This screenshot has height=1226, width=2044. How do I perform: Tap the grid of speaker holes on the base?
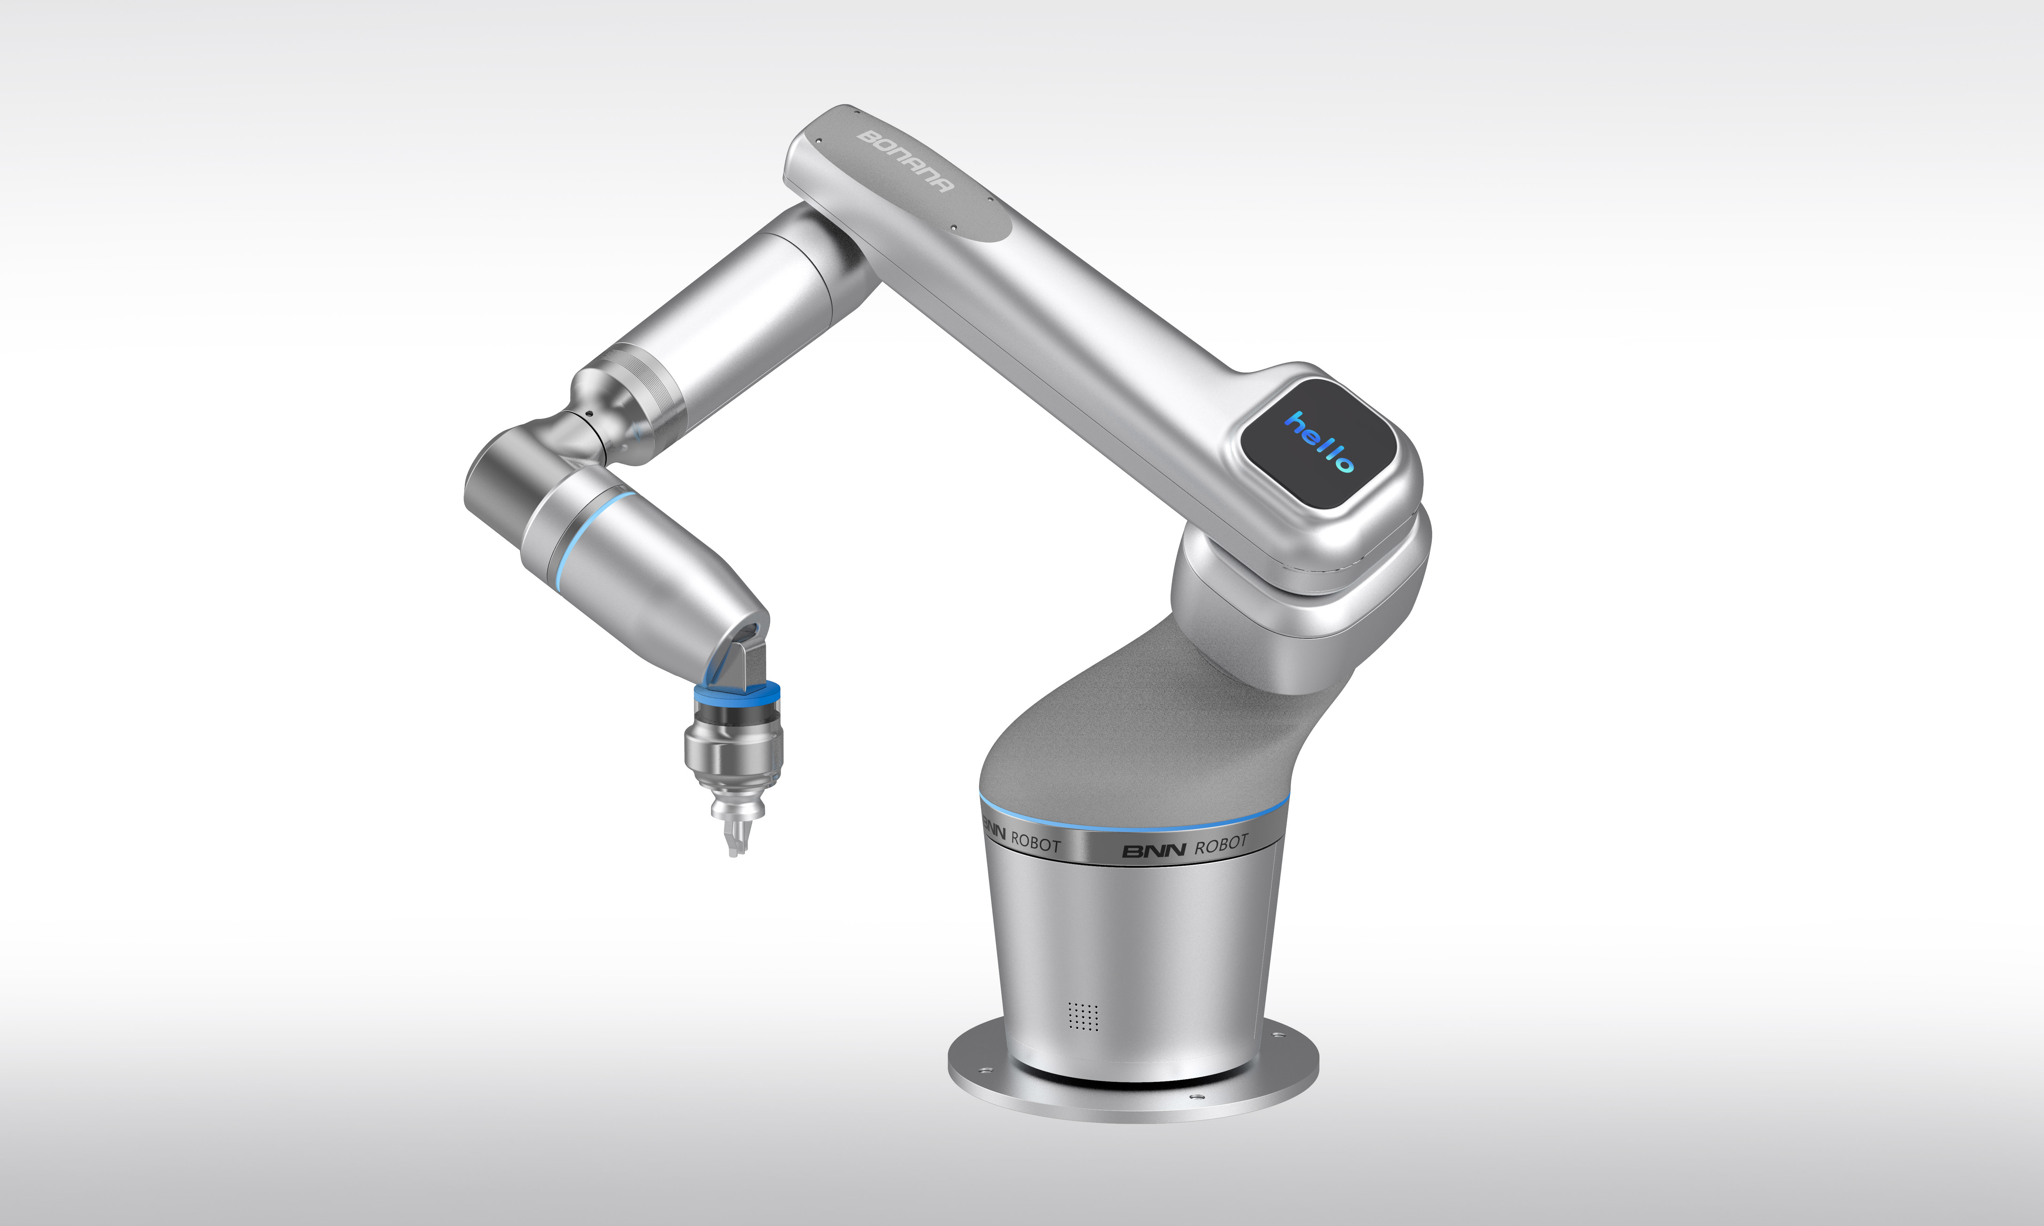click(x=1083, y=1017)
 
